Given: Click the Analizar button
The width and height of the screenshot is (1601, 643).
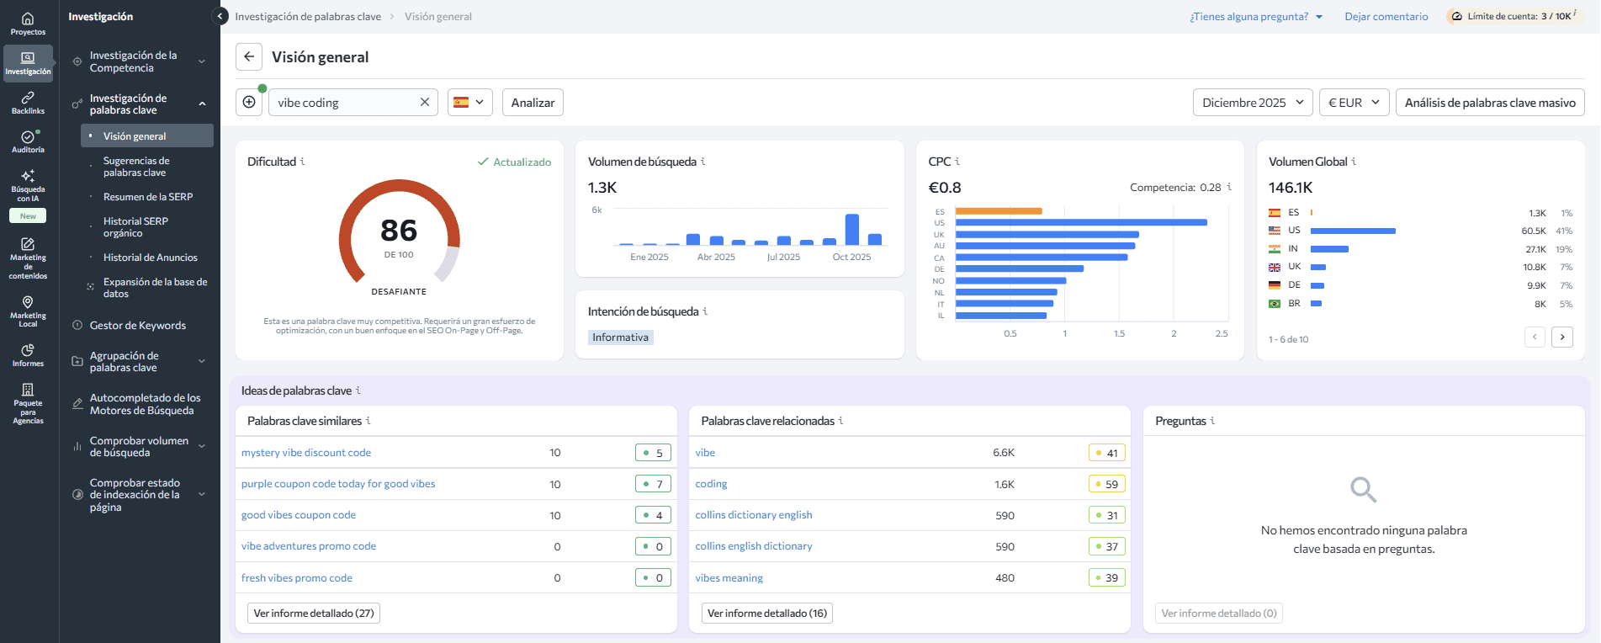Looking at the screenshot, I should pos(533,103).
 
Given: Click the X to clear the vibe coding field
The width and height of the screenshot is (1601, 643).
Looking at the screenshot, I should pos(425,103).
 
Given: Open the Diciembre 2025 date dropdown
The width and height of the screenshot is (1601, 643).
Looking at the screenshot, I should pos(1252,103).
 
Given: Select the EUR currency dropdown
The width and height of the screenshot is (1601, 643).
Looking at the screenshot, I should pos(1353,103).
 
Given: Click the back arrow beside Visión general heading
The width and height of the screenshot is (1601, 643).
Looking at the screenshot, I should pos(249,57).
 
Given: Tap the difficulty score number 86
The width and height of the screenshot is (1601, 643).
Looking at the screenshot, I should pos(399,231).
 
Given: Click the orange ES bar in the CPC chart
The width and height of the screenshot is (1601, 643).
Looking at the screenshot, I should pos(999,211).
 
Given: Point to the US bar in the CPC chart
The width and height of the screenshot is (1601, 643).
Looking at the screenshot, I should pos(1081,223).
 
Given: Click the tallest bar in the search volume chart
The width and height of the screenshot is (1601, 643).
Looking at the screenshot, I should pos(852,229).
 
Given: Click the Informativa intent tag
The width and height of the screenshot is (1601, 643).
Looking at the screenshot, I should pos(621,337).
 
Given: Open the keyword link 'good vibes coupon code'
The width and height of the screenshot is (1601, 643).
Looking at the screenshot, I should pos(299,515).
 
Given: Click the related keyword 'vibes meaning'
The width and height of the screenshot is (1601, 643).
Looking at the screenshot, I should pos(729,578).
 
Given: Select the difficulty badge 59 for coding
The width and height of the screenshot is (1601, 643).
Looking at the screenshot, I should pos(1106,484).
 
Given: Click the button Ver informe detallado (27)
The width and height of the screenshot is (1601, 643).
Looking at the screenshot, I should pos(314,614).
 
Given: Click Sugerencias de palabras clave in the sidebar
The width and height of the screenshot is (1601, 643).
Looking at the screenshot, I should pos(136,167).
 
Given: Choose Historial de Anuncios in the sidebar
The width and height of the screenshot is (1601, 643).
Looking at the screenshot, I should pos(151,258).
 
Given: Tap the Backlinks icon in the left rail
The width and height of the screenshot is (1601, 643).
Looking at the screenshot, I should pos(28,102).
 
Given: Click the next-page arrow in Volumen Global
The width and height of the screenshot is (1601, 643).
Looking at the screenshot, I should pos(1562,337).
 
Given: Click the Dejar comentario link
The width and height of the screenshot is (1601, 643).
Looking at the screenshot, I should pos(1386,17).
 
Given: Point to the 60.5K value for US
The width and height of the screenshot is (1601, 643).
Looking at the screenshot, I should pos(1533,231).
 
